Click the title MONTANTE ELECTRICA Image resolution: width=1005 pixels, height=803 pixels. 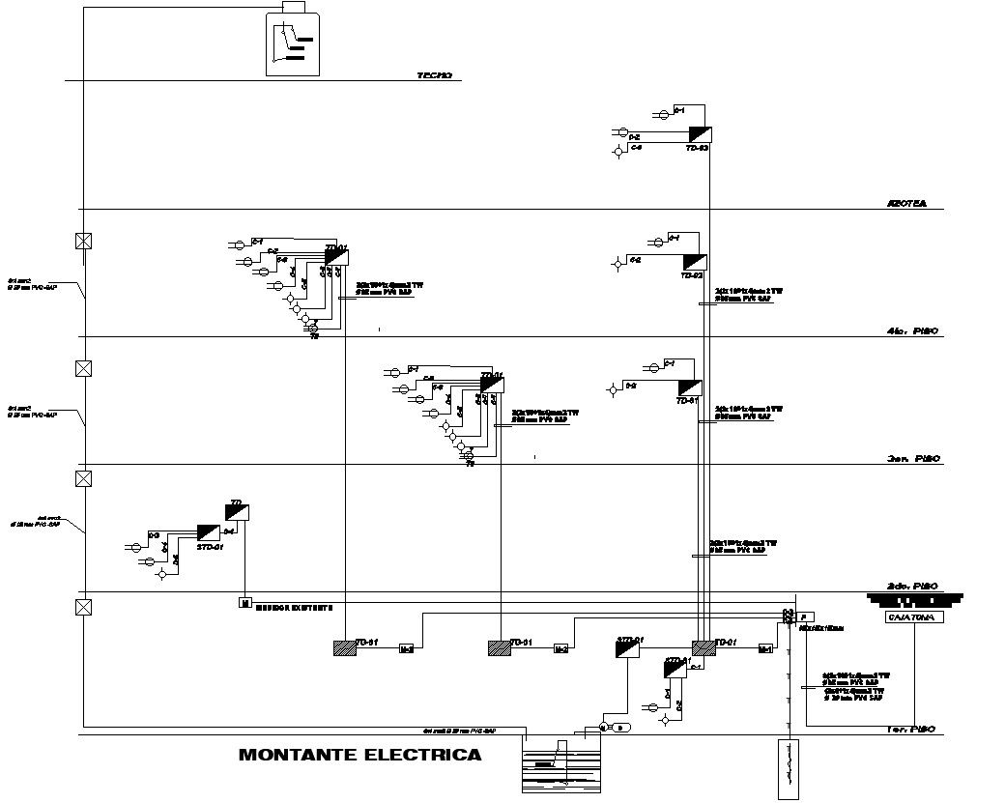(x=359, y=755)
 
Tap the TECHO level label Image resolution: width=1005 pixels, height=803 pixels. (x=434, y=75)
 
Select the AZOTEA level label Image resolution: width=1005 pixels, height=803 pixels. (x=906, y=204)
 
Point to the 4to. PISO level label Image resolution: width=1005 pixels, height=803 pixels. (x=911, y=331)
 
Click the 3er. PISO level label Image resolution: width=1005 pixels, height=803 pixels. (x=913, y=459)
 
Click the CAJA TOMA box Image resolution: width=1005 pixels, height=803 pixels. (x=914, y=617)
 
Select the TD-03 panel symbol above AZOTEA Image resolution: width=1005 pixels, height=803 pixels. (x=701, y=134)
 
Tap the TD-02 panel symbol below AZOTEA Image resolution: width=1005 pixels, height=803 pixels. (x=695, y=262)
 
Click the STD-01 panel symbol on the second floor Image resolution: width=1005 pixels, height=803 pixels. (x=209, y=532)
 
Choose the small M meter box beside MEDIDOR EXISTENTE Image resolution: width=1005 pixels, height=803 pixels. (x=244, y=603)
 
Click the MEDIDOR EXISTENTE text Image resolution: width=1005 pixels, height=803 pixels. (x=294, y=608)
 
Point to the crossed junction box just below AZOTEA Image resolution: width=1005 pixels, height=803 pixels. (x=84, y=241)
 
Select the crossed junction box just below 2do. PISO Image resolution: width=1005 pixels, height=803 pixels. (x=84, y=607)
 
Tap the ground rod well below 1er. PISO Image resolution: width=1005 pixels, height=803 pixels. (x=789, y=769)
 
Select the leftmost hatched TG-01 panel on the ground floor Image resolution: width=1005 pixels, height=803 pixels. (x=344, y=648)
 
